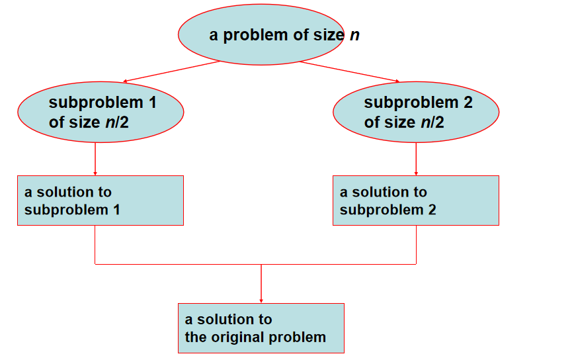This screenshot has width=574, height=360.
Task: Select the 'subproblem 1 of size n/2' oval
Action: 100,112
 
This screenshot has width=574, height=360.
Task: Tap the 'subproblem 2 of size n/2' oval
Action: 415,112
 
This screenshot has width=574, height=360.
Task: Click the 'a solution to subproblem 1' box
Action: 100,201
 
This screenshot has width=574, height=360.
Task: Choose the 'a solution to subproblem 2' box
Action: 415,201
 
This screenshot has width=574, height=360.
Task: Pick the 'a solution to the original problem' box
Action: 261,328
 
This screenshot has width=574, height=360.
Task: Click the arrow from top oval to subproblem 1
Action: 172,71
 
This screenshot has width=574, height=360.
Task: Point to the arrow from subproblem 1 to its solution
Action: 95,159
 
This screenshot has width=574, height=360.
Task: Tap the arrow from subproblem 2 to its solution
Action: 415,159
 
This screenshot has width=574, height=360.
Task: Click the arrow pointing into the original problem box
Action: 261,285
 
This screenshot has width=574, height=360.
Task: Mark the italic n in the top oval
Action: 354,34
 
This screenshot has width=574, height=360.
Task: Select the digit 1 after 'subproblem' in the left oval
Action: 153,103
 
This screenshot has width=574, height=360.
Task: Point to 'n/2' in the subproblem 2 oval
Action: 432,122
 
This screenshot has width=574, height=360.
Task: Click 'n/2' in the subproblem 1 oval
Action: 117,122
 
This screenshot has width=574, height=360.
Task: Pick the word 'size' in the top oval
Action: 327,35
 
